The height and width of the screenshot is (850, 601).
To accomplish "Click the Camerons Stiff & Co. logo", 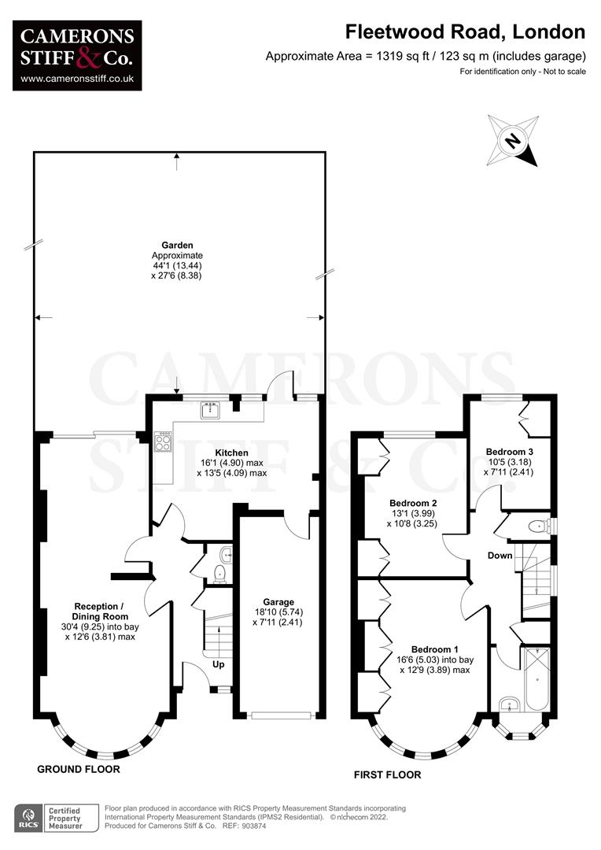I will point(76,54).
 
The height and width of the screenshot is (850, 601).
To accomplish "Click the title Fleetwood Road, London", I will point(466,32).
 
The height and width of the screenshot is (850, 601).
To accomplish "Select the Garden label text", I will point(177,245).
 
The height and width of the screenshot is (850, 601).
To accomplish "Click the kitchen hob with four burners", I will point(164,442).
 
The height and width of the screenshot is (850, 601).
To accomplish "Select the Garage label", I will point(279,602).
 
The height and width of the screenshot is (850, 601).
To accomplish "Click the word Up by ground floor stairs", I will point(219,664).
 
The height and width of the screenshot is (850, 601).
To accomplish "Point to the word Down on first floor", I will point(500,556).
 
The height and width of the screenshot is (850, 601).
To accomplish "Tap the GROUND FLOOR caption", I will point(79,769).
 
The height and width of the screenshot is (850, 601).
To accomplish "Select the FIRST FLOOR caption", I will point(386,775).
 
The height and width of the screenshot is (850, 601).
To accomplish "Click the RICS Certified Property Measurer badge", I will point(54,817).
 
